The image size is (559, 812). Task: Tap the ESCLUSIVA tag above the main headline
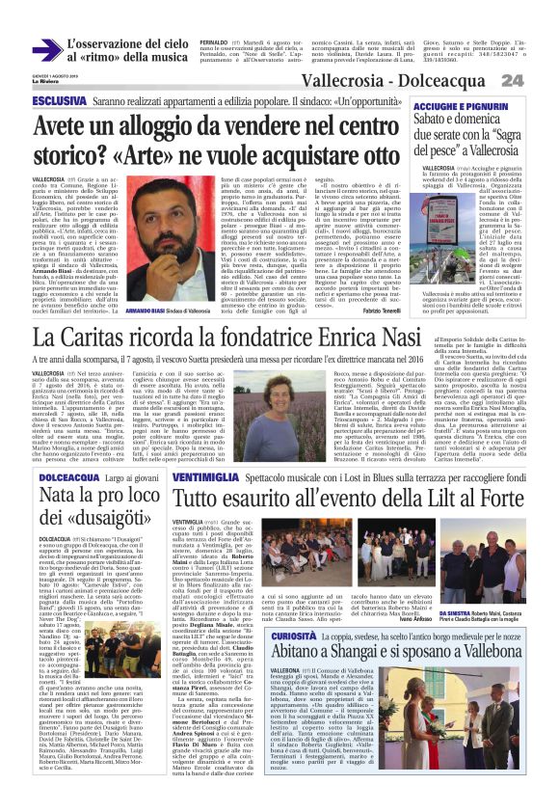60,100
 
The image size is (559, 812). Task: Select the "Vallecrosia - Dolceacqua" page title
417,80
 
